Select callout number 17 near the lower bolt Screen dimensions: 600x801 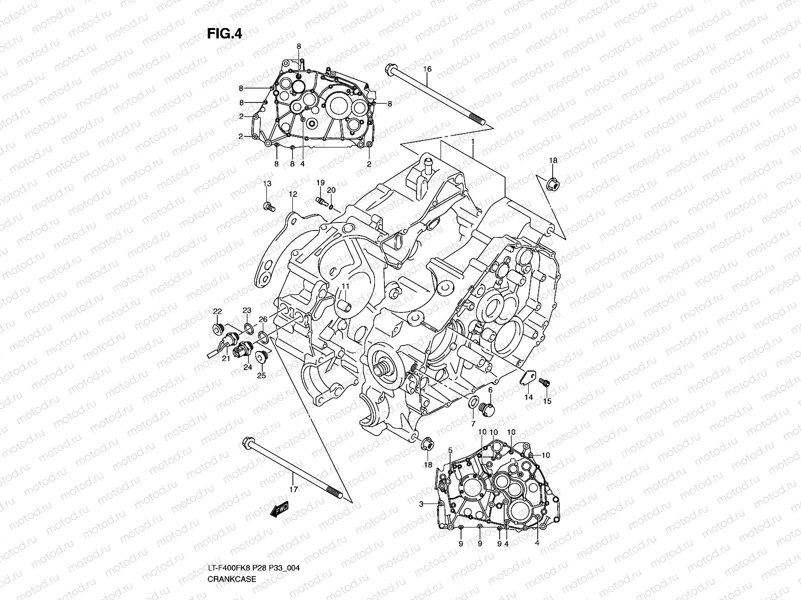[x=293, y=489]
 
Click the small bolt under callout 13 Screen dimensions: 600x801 [x=269, y=205]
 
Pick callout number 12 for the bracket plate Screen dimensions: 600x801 [x=293, y=194]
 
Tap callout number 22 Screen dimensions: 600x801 [x=217, y=311]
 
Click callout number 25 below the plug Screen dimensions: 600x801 [x=261, y=375]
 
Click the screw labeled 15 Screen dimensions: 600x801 [x=545, y=383]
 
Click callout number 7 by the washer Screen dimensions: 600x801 [x=472, y=424]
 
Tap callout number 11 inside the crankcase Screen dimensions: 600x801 [x=345, y=286]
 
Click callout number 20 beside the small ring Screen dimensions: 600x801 [x=331, y=190]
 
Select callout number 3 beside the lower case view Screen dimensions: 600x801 [x=422, y=504]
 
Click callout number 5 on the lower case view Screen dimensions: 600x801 [x=450, y=450]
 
